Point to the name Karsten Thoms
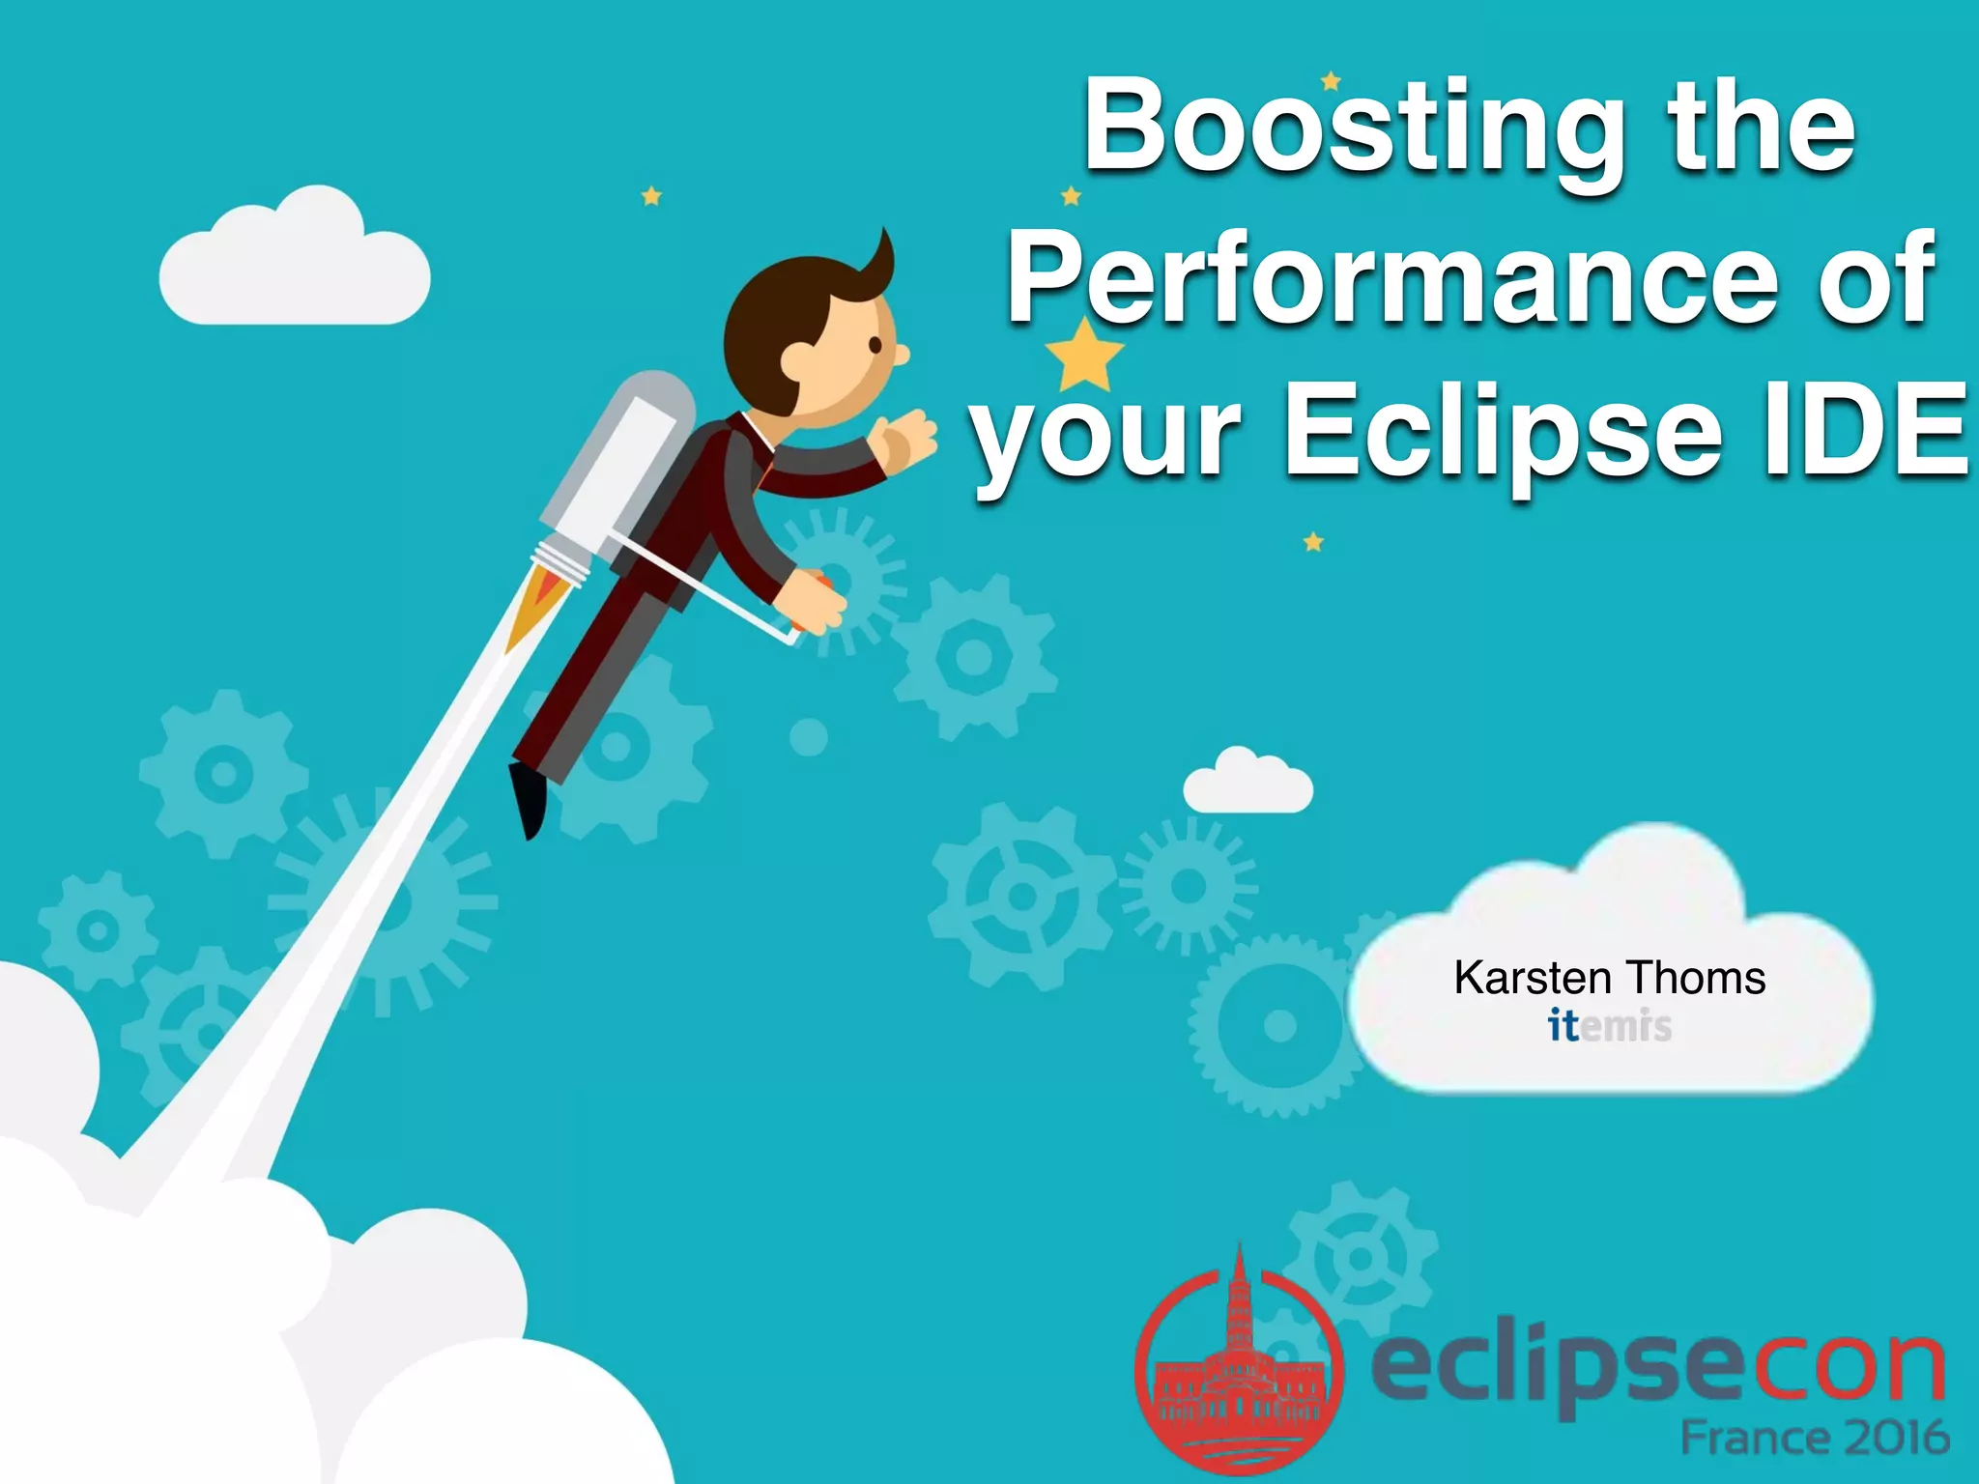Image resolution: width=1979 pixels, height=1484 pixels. click(x=1610, y=978)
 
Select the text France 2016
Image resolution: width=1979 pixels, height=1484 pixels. click(x=1815, y=1438)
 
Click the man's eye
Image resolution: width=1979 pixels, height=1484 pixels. click(x=875, y=345)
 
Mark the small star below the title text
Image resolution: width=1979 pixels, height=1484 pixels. click(x=1313, y=542)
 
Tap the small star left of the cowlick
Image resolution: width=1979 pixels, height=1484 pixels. click(x=651, y=197)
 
